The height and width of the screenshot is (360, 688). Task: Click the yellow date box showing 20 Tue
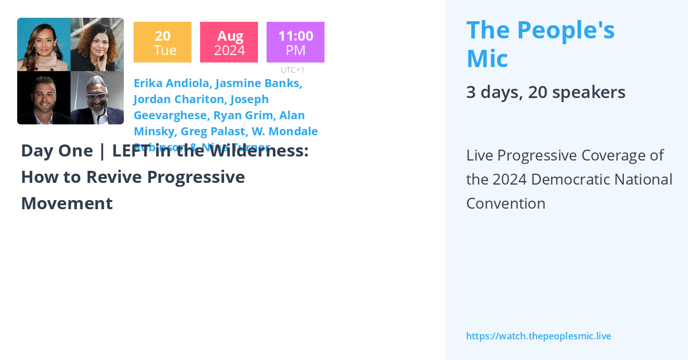click(162, 42)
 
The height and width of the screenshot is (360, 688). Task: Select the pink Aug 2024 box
click(229, 42)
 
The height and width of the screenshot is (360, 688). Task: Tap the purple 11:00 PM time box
click(295, 42)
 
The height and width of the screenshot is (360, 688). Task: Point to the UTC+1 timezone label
click(292, 70)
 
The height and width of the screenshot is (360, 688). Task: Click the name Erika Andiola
click(172, 83)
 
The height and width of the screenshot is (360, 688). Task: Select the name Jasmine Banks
click(259, 83)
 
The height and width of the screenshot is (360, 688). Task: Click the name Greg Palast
click(213, 131)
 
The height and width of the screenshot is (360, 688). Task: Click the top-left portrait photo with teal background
click(44, 45)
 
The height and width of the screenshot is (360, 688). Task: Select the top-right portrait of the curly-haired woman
click(97, 45)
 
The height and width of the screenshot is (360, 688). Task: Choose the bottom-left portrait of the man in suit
click(44, 98)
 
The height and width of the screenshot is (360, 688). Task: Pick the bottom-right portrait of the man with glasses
click(97, 98)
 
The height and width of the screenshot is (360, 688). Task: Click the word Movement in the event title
click(67, 204)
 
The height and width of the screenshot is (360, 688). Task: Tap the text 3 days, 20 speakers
click(545, 92)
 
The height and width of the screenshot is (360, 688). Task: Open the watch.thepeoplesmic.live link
click(538, 336)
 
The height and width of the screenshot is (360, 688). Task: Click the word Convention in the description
click(505, 204)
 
